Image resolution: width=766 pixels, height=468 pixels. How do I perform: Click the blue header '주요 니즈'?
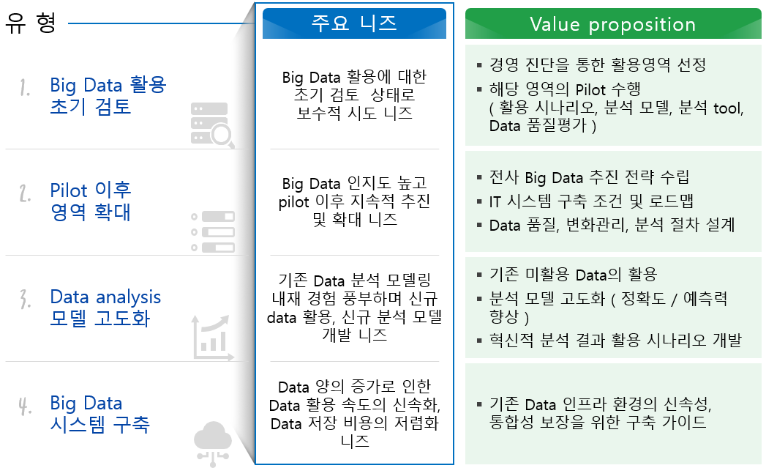[x=354, y=23]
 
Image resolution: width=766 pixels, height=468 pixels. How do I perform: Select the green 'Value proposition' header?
[x=612, y=23]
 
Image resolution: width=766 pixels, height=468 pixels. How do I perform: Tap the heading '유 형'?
[x=30, y=23]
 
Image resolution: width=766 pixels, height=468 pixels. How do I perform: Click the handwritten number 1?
[x=24, y=88]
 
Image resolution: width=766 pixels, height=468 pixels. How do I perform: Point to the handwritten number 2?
[x=25, y=193]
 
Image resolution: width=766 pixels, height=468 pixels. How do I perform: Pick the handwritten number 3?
[x=25, y=300]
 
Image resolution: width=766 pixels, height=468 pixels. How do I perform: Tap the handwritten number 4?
[x=25, y=406]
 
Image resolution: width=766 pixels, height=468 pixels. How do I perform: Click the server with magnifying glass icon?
[x=212, y=125]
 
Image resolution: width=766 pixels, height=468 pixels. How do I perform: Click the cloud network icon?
[x=212, y=444]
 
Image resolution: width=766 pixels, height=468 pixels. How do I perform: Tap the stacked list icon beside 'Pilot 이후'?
[x=212, y=231]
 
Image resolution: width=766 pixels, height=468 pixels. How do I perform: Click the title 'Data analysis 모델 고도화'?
[x=105, y=308]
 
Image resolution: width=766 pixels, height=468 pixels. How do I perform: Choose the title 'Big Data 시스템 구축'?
[x=99, y=414]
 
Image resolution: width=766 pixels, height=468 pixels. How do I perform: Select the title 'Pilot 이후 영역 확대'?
[x=91, y=201]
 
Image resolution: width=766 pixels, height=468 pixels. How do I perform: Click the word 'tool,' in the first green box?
[x=729, y=108]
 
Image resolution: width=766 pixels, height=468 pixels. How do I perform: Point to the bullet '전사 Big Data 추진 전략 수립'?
[x=589, y=177]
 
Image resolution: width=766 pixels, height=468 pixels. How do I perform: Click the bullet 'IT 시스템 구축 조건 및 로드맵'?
[x=591, y=201]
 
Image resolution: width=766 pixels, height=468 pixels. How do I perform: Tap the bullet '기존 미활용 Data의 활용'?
[x=573, y=275]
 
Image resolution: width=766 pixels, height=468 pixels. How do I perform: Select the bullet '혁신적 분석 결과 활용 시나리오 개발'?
[x=615, y=340]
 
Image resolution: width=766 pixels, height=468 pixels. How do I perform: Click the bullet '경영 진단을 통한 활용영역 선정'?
[x=598, y=64]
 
